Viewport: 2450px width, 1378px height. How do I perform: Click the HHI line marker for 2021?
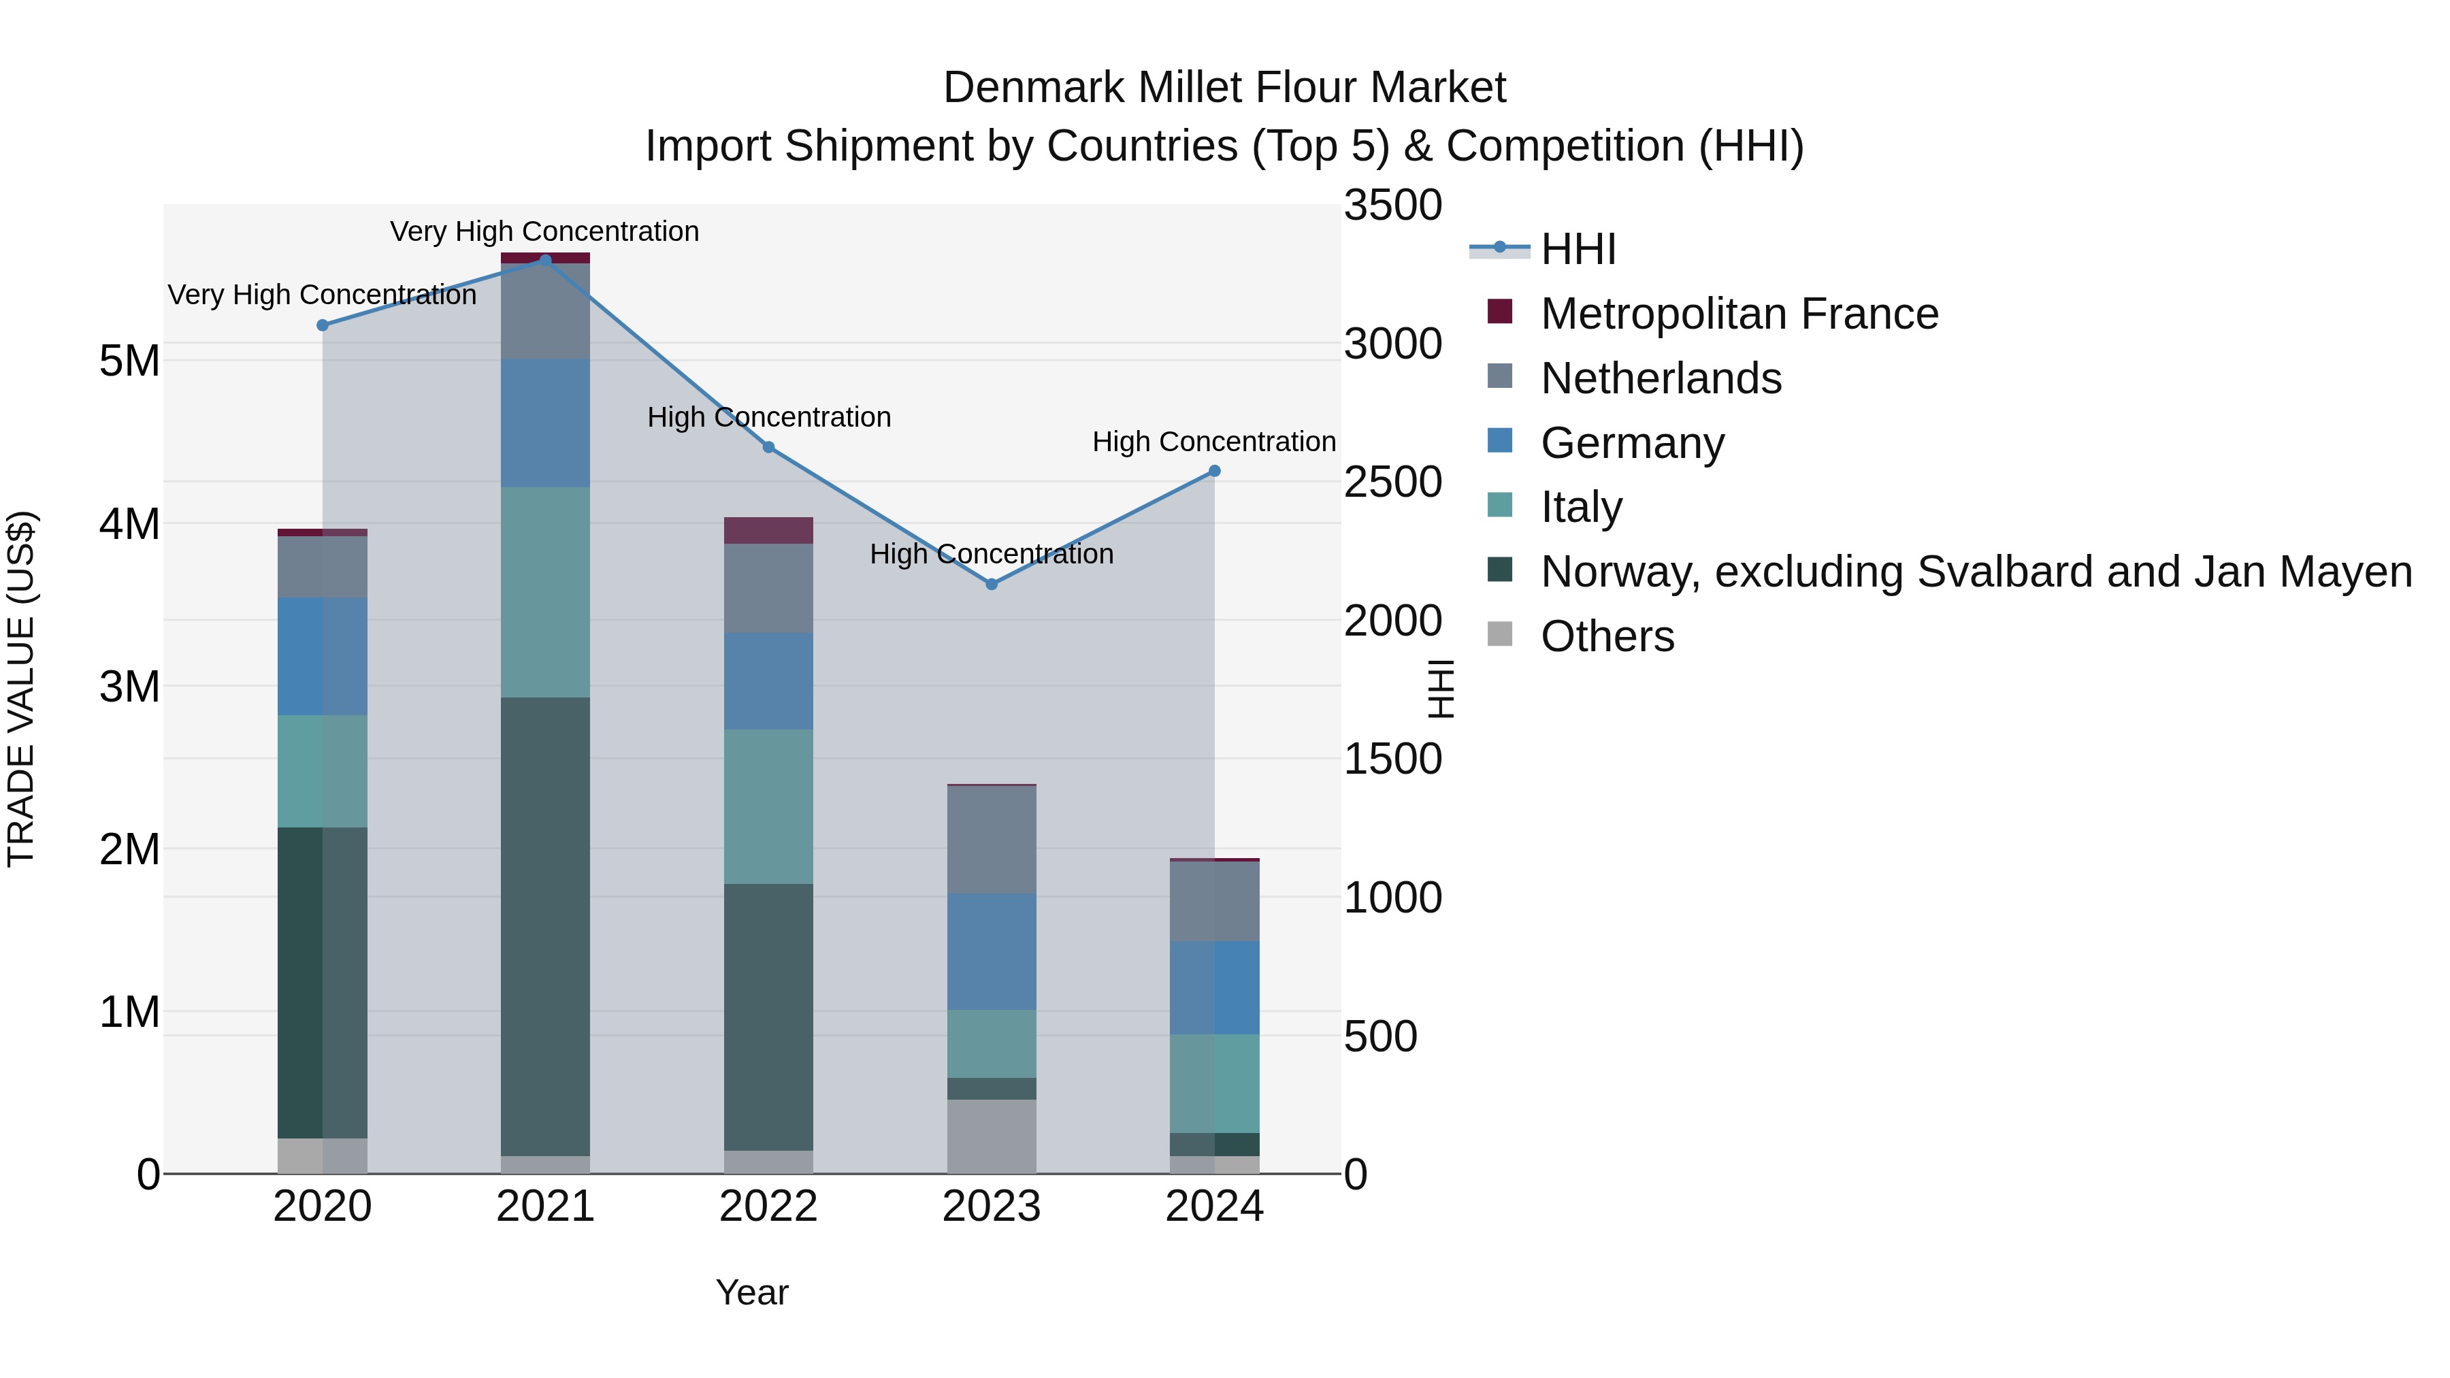click(x=545, y=260)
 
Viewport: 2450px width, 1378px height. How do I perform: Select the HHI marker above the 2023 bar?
click(x=991, y=584)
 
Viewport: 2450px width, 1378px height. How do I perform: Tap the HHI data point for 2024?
click(x=1213, y=471)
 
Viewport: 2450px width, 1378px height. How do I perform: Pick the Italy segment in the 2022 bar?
click(x=768, y=806)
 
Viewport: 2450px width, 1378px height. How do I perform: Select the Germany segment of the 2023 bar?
click(x=991, y=951)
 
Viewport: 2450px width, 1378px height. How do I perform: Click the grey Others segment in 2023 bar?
click(x=991, y=1136)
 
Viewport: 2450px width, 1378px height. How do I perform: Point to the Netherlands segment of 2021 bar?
click(x=545, y=311)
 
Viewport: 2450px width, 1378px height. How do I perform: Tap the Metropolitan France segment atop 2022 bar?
click(x=768, y=529)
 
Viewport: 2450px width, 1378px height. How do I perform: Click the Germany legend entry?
click(x=1631, y=443)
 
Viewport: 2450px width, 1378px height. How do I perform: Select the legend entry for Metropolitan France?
click(x=1739, y=314)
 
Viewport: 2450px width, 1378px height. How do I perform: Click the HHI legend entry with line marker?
click(x=1577, y=249)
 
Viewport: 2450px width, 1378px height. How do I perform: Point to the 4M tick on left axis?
click(x=129, y=524)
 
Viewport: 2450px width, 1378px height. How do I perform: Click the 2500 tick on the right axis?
click(x=1392, y=482)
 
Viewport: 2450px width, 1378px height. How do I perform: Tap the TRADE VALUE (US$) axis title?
click(x=21, y=689)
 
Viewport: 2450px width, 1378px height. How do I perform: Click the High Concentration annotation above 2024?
click(x=1213, y=442)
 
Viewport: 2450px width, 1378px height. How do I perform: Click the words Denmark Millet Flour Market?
click(x=1224, y=88)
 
